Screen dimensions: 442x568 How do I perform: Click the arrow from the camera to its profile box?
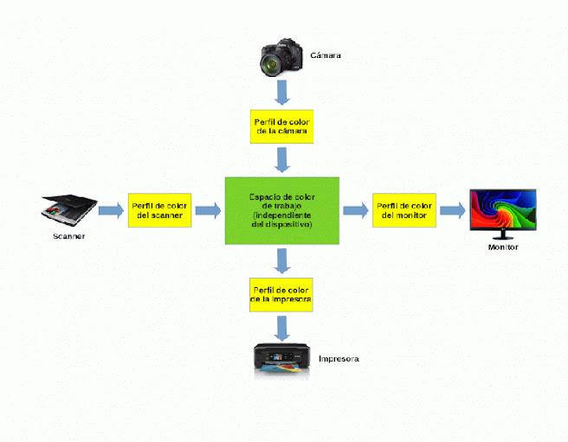[281, 91]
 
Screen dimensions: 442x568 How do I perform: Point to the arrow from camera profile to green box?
[281, 160]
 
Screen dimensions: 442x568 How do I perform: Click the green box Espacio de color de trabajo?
[281, 209]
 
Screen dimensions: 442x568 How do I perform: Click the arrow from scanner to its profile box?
[110, 210]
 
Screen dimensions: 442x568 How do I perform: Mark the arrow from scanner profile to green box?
[207, 210]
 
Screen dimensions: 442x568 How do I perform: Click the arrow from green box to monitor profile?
[355, 210]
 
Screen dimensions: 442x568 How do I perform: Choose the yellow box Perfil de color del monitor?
[403, 210]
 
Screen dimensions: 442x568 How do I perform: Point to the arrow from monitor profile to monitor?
[451, 210]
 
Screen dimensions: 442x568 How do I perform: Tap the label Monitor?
[502, 248]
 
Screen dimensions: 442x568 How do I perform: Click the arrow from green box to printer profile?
[281, 259]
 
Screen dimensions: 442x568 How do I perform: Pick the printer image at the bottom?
[281, 359]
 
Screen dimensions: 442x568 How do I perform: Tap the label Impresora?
[338, 358]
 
